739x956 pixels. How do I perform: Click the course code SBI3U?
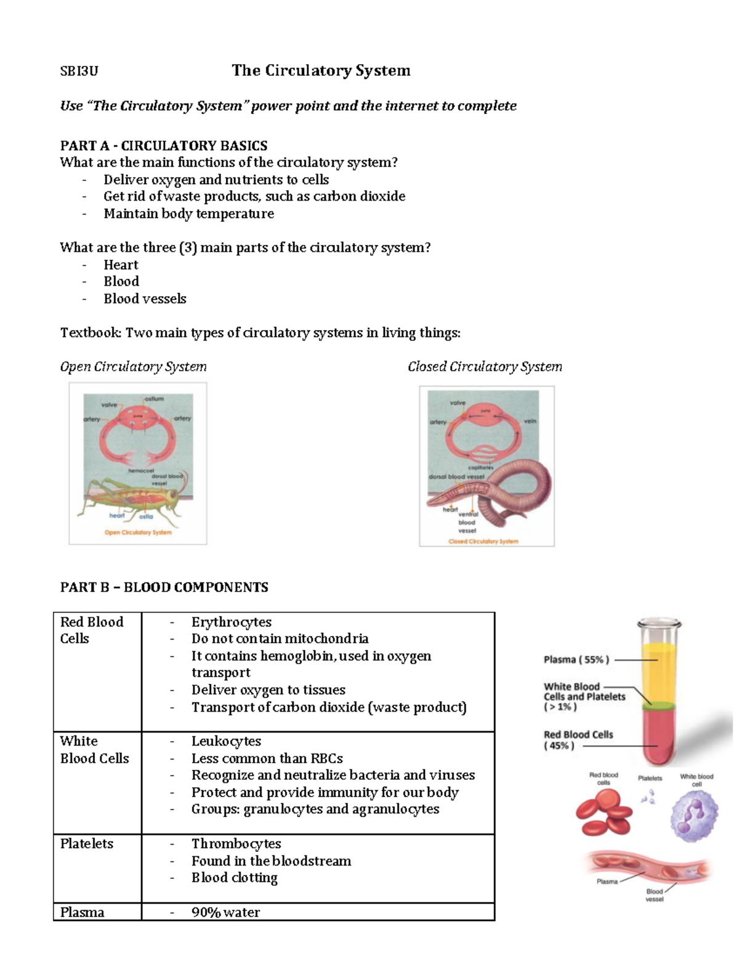(79, 71)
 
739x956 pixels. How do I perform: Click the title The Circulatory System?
(321, 70)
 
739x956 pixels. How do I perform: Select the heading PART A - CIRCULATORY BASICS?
(164, 145)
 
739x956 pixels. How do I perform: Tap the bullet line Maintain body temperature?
(188, 214)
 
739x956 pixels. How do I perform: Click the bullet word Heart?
(121, 265)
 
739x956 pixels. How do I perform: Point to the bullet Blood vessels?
(145, 299)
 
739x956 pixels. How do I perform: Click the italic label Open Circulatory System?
(133, 367)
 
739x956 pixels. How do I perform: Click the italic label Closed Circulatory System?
(485, 367)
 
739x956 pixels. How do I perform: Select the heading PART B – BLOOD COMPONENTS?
(164, 587)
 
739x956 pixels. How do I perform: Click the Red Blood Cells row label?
(91, 630)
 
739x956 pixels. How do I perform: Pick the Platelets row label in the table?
(87, 843)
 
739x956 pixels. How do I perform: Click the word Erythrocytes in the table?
(231, 622)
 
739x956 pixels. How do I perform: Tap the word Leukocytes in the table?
(226, 741)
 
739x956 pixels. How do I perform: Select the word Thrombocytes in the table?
(236, 843)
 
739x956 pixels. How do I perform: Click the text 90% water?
(225, 912)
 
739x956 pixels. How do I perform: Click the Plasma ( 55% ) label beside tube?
(576, 659)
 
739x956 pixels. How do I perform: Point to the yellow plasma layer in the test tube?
(658, 671)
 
